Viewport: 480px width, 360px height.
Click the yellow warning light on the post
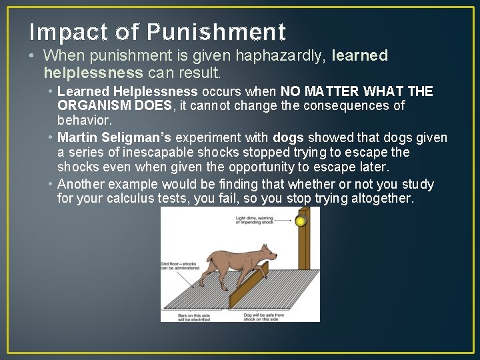tap(301, 221)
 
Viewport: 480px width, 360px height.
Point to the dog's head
tap(267, 253)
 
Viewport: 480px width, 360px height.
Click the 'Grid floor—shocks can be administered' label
tap(175, 267)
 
